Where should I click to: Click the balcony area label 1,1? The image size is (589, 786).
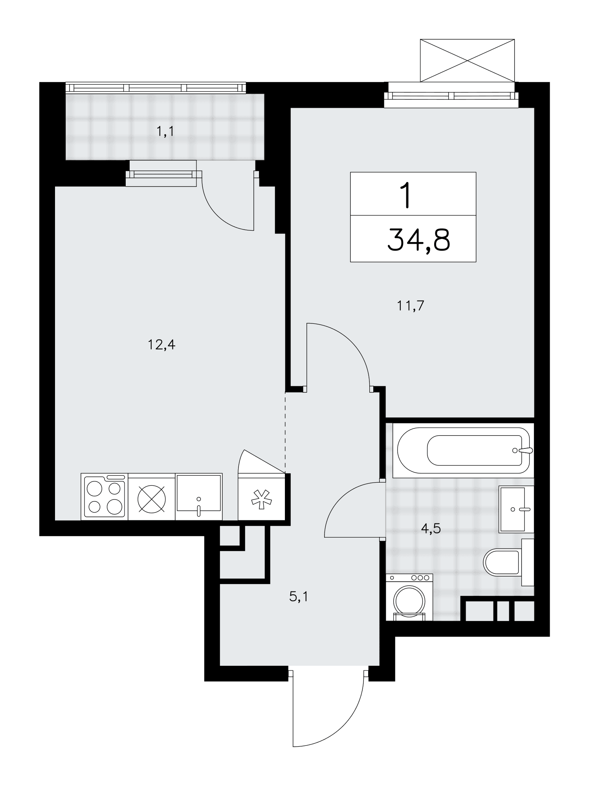point(165,132)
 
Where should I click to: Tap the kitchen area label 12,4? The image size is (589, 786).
point(161,345)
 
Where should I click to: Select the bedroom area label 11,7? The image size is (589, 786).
point(411,305)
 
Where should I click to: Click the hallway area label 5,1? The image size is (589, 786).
point(299,597)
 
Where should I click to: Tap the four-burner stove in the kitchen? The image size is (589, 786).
point(105,497)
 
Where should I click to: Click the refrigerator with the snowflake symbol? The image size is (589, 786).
point(262,497)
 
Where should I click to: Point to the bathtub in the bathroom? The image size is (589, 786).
point(465,450)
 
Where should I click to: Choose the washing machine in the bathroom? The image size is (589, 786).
point(409,597)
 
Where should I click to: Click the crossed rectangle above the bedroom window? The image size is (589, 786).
point(467,61)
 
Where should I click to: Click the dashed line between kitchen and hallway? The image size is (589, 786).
point(285,432)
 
